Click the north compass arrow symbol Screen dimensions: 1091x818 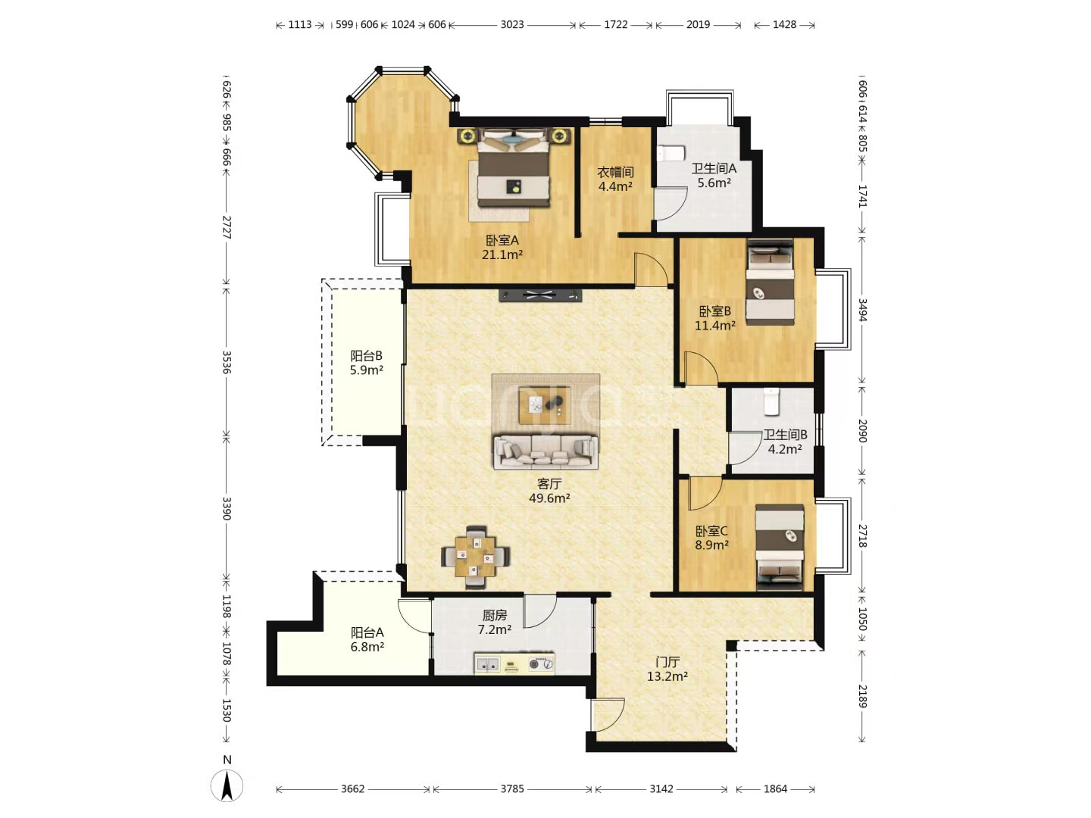click(x=227, y=785)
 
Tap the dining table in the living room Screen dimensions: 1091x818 click(x=476, y=557)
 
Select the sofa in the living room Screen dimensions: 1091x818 click(x=545, y=452)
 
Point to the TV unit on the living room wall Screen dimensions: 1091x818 click(x=540, y=295)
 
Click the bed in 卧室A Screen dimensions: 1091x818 click(x=514, y=167)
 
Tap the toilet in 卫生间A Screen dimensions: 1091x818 click(x=671, y=154)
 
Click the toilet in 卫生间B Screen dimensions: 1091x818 click(x=771, y=401)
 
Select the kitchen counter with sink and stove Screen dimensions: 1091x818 click(x=514, y=663)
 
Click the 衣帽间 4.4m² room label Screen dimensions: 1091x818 click(x=615, y=180)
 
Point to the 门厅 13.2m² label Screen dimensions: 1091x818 click(x=667, y=669)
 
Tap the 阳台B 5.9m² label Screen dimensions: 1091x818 click(x=366, y=363)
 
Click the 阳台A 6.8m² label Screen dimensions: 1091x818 click(x=367, y=639)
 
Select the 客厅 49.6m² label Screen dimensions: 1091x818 click(x=549, y=491)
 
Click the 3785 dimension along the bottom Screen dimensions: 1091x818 click(x=512, y=788)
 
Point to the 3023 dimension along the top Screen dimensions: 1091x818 click(x=512, y=24)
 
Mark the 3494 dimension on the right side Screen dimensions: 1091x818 click(x=862, y=310)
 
